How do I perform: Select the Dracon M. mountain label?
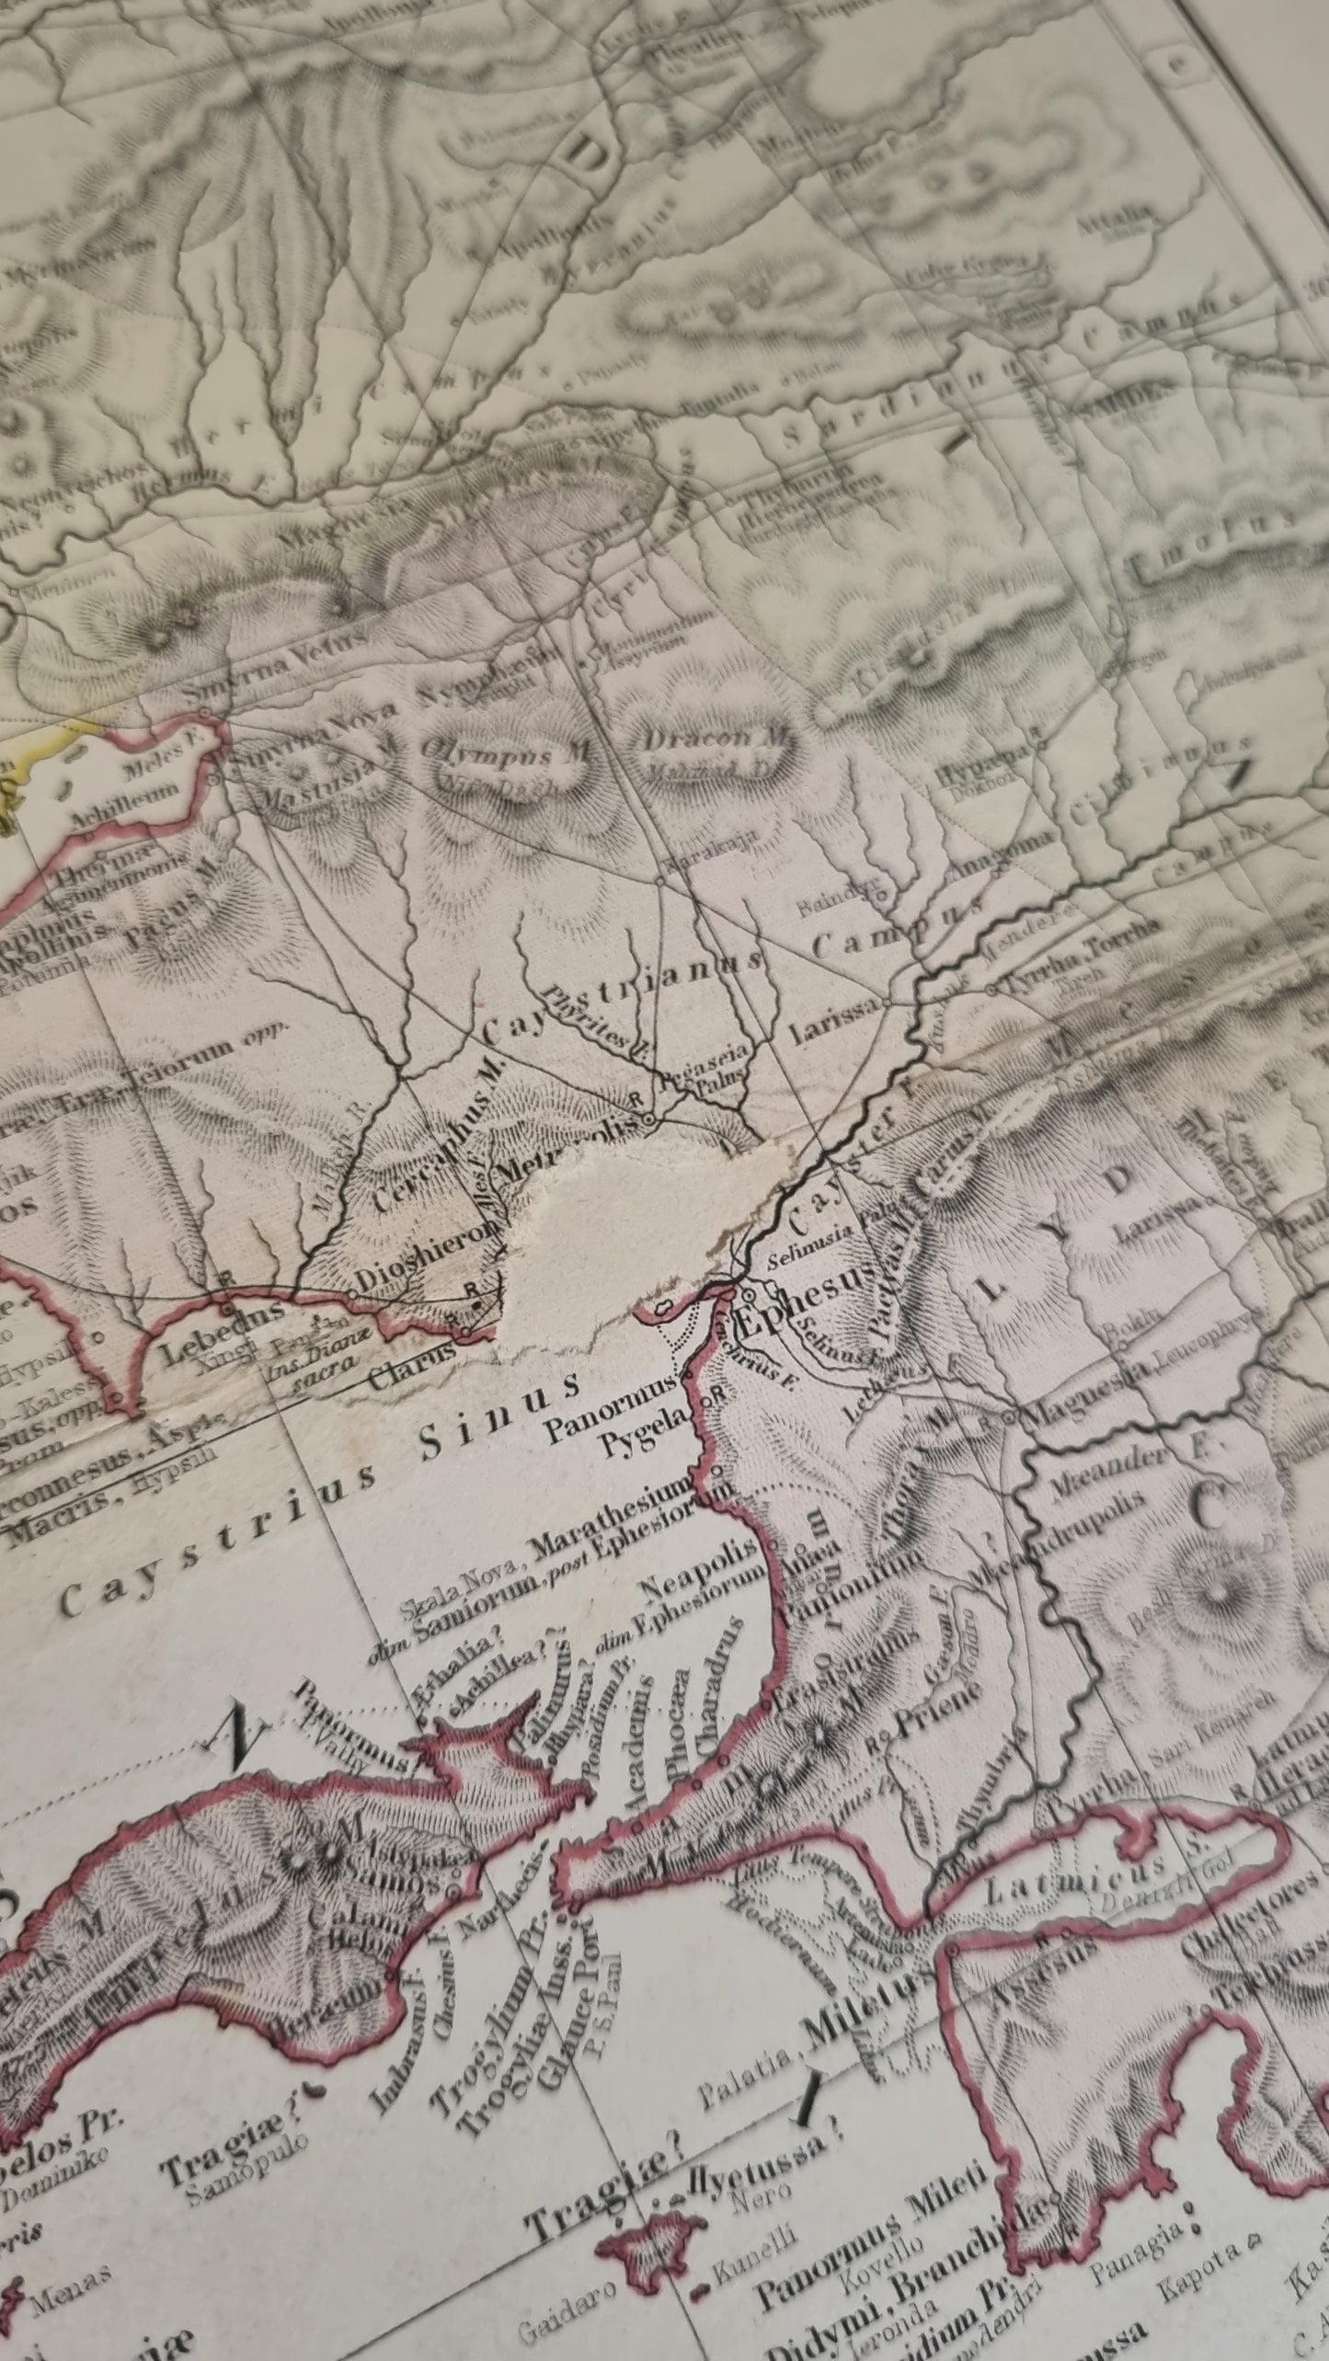click(x=716, y=739)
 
